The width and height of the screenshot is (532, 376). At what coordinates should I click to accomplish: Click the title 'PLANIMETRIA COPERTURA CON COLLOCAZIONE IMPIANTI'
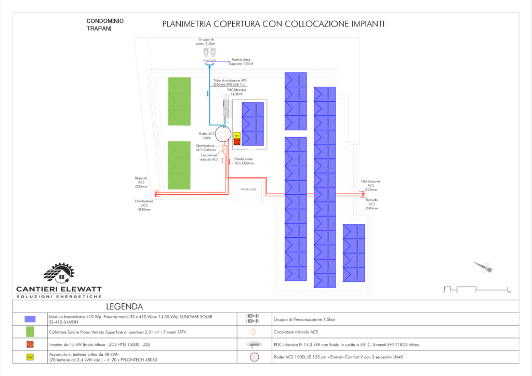tap(273, 24)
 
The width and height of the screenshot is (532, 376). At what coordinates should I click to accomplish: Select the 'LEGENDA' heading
tap(125, 306)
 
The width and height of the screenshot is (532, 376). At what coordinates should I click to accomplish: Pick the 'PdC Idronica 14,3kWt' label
tap(237, 92)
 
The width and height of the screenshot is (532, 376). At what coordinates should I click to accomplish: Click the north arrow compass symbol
tap(483, 267)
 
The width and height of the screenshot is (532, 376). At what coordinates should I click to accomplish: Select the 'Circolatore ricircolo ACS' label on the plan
tap(210, 158)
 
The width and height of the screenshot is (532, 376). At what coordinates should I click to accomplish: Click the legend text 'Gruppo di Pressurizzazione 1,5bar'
tap(304, 319)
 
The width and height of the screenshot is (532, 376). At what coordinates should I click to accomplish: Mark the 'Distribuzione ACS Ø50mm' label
tap(244, 161)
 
